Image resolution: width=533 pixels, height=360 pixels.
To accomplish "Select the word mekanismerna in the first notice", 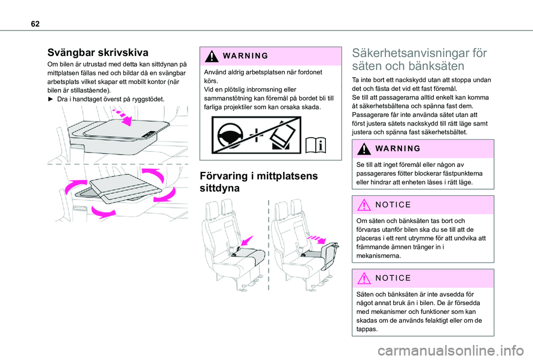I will [x=375, y=257].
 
